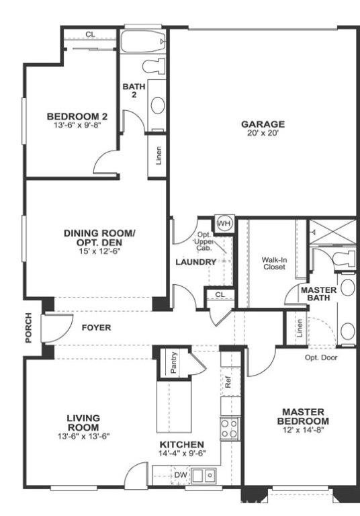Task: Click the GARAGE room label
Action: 263,124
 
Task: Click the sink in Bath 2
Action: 158,105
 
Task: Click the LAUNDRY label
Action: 196,262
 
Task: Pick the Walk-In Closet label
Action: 273,263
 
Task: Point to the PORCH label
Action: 29,328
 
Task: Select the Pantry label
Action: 173,363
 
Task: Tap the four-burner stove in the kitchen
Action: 230,428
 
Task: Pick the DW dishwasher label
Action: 180,475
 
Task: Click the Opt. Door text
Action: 320,357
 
